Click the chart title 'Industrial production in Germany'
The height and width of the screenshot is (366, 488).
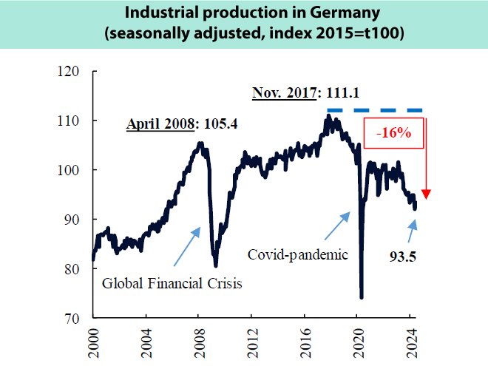244,14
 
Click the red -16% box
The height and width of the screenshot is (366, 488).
393,135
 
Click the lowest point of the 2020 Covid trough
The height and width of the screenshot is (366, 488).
362,297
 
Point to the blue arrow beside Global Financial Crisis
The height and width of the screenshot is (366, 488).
186,246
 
